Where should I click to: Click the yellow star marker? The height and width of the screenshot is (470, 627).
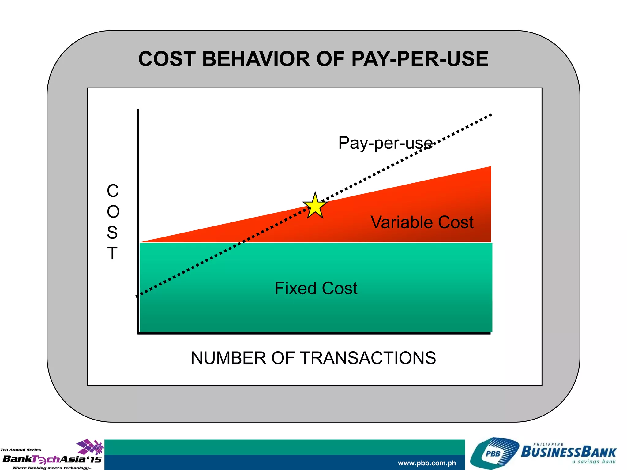(315, 206)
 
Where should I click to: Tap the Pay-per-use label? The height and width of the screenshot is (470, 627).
(385, 143)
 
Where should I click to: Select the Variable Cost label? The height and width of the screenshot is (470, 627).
(422, 222)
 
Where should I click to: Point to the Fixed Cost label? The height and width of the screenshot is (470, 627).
(316, 288)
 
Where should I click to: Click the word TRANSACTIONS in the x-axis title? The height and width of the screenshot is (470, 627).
(368, 358)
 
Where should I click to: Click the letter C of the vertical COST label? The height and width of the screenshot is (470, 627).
(113, 191)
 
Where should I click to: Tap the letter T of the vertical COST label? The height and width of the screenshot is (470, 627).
(112, 254)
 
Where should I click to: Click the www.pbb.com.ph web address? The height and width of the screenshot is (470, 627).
(427, 463)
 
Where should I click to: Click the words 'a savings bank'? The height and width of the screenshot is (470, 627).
(594, 462)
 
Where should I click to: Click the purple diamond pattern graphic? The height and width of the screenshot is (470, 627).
(90, 447)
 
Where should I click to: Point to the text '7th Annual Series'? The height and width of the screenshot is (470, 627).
(21, 450)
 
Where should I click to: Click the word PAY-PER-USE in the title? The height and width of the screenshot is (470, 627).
(419, 59)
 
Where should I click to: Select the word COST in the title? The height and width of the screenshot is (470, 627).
(167, 59)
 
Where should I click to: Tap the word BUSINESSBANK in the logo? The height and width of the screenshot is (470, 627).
(569, 452)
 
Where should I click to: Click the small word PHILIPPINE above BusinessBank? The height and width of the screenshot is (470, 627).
(548, 444)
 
